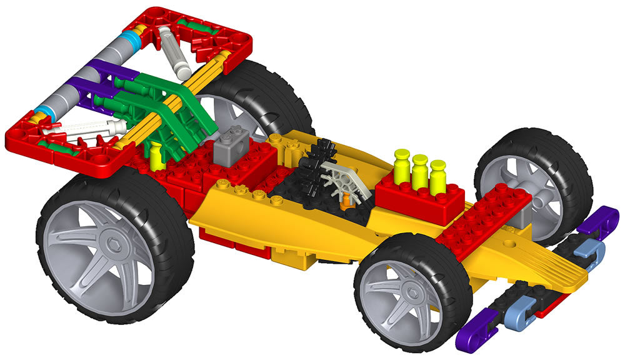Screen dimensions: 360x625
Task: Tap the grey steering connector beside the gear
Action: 341,178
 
